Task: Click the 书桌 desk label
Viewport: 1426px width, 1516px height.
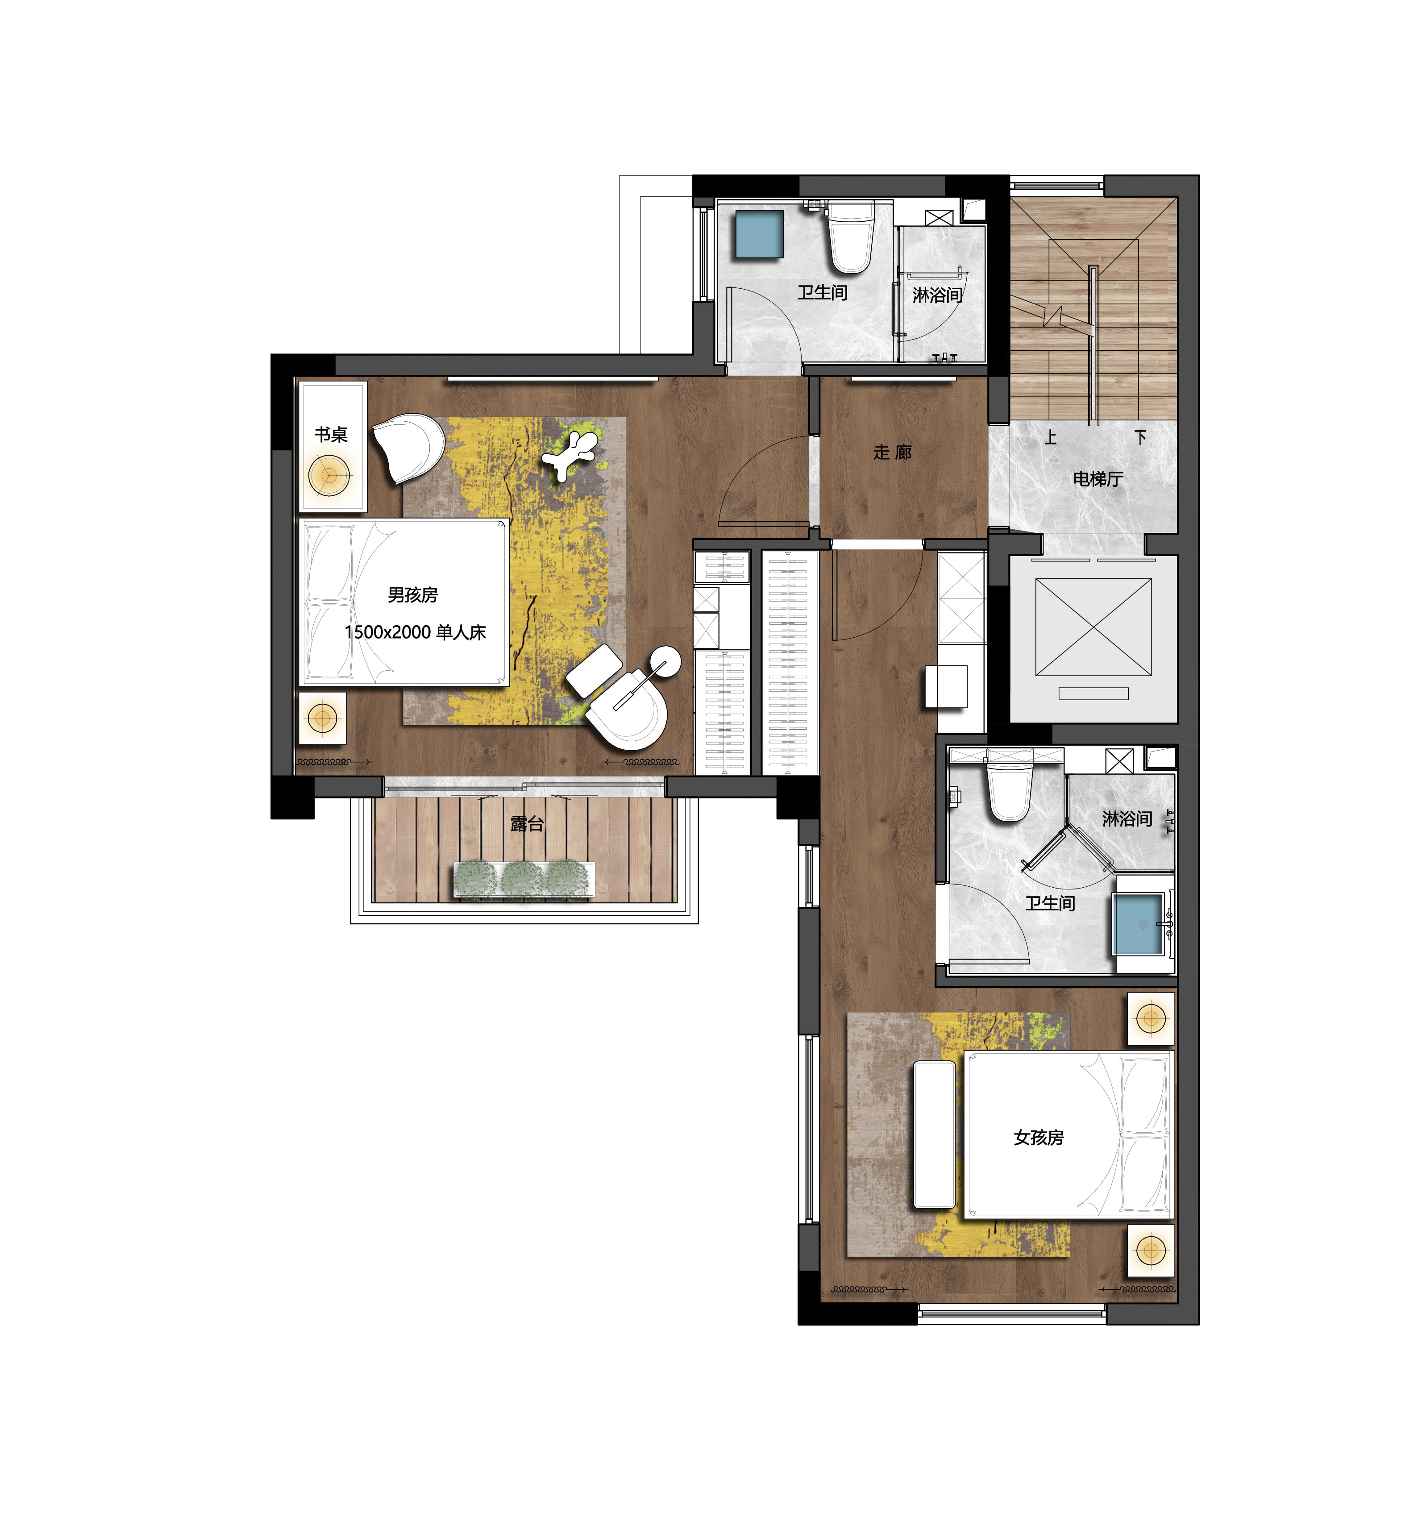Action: [x=331, y=435]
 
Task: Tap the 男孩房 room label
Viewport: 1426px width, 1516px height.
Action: [x=412, y=595]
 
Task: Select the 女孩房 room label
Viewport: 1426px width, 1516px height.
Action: [x=1039, y=1138]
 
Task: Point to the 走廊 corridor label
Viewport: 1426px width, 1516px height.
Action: [x=892, y=452]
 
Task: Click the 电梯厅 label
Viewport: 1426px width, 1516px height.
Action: [x=1098, y=479]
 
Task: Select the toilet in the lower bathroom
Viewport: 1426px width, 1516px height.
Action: [x=1009, y=785]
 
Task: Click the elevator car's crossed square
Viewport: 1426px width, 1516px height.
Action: [x=1093, y=627]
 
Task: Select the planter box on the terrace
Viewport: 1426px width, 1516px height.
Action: [x=524, y=879]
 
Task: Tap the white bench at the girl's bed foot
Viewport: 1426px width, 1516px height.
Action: [x=934, y=1135]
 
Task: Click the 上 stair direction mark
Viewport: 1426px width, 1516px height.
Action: [x=1051, y=437]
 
